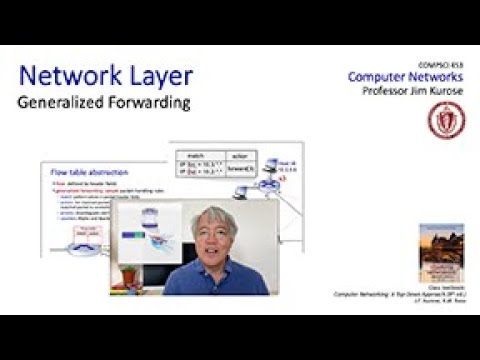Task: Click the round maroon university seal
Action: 445,121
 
